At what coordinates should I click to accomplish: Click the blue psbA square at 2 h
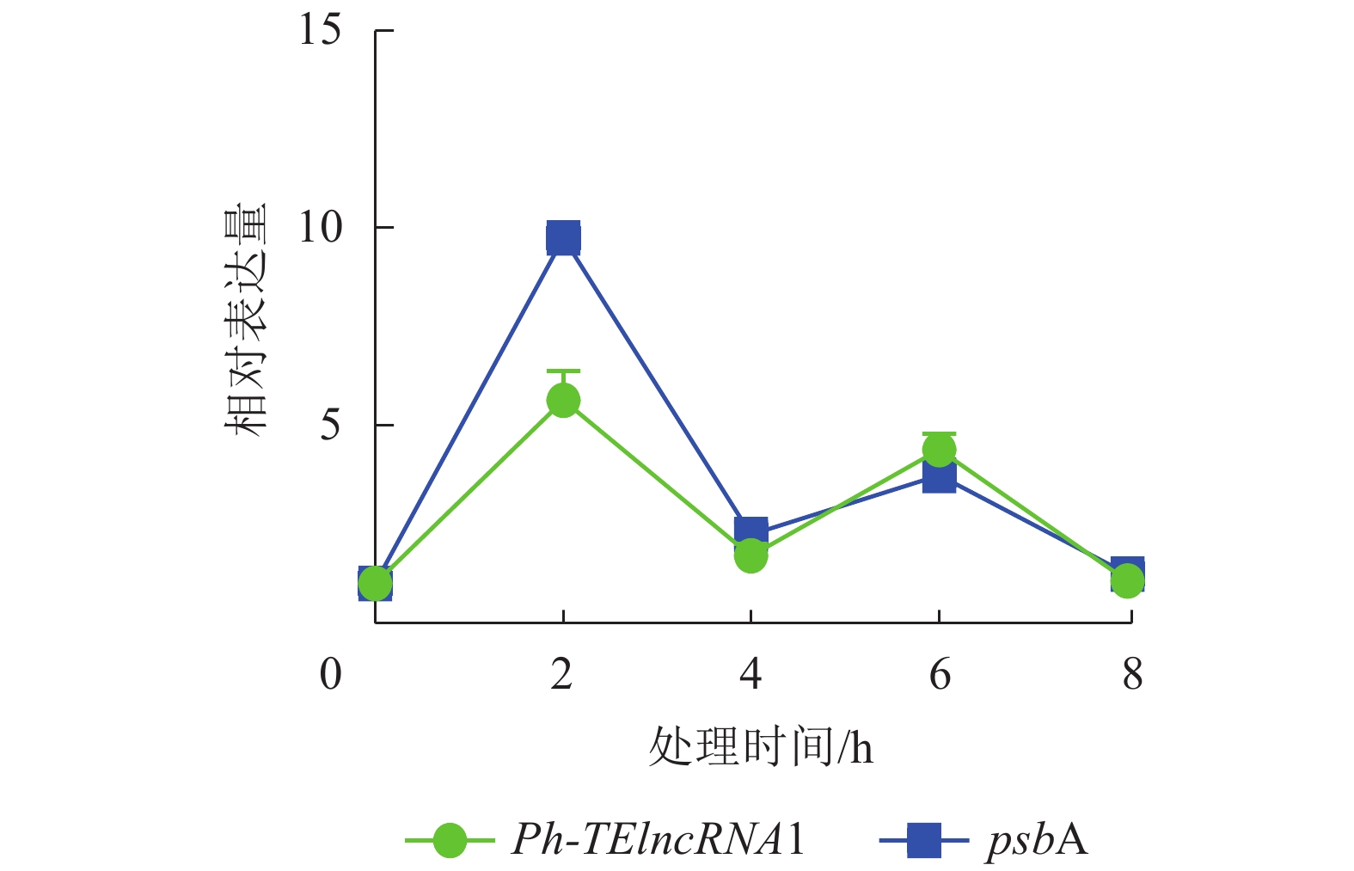coord(563,238)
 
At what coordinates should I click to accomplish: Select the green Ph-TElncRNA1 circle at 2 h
coord(563,400)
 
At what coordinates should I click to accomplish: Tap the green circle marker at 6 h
coord(939,449)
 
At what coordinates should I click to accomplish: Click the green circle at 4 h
coord(751,556)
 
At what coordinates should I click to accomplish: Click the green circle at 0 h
coord(375,584)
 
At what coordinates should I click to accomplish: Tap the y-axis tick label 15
coord(320,31)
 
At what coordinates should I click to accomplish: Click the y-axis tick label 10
coord(320,228)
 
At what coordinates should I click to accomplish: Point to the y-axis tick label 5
coord(330,425)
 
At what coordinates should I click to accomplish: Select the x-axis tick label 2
coord(562,674)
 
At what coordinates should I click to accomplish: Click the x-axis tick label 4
coord(751,674)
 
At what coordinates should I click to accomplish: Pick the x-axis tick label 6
coord(940,674)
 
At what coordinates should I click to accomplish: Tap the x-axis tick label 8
coord(1132,674)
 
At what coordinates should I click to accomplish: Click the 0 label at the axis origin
coord(331,674)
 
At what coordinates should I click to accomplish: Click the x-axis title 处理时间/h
coord(760,746)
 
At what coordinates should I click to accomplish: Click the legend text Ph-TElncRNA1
coord(659,839)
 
